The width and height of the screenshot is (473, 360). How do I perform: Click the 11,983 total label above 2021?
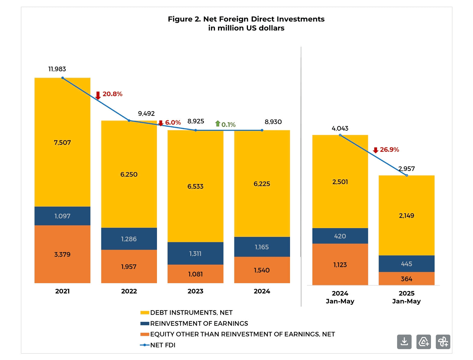click(57, 69)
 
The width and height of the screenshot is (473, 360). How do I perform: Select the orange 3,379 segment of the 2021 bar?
click(62, 254)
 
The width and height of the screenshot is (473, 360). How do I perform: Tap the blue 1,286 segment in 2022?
click(129, 239)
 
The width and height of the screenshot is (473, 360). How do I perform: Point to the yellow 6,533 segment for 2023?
click(195, 186)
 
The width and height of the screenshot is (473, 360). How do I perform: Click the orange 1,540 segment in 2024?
click(262, 270)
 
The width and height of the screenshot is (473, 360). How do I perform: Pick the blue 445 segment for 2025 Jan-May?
click(406, 263)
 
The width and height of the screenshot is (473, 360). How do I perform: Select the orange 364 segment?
click(406, 279)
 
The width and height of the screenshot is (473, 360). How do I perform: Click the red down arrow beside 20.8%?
click(98, 95)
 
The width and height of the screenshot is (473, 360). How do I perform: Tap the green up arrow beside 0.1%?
click(217, 123)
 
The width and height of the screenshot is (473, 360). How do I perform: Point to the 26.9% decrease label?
click(389, 149)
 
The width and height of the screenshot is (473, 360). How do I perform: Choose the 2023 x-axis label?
click(195, 291)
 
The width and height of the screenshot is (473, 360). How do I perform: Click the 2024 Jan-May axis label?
click(340, 297)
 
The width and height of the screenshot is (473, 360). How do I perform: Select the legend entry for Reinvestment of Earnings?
click(199, 323)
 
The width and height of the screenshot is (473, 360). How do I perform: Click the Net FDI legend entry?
click(163, 345)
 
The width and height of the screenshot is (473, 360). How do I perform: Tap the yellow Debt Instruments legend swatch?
click(145, 313)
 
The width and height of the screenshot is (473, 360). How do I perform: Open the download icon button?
click(404, 342)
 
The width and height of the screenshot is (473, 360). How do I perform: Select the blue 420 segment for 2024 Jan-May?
click(340, 236)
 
